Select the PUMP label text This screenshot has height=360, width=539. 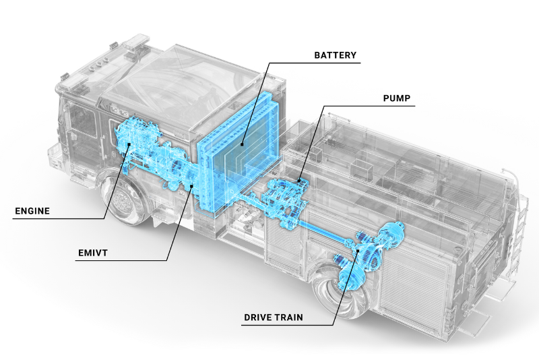click(397, 98)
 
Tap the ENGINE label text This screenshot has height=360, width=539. click(32, 211)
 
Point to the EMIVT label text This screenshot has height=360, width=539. click(93, 253)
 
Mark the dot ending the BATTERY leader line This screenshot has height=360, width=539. click(241, 144)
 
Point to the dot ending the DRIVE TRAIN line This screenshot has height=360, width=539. click(358, 251)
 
